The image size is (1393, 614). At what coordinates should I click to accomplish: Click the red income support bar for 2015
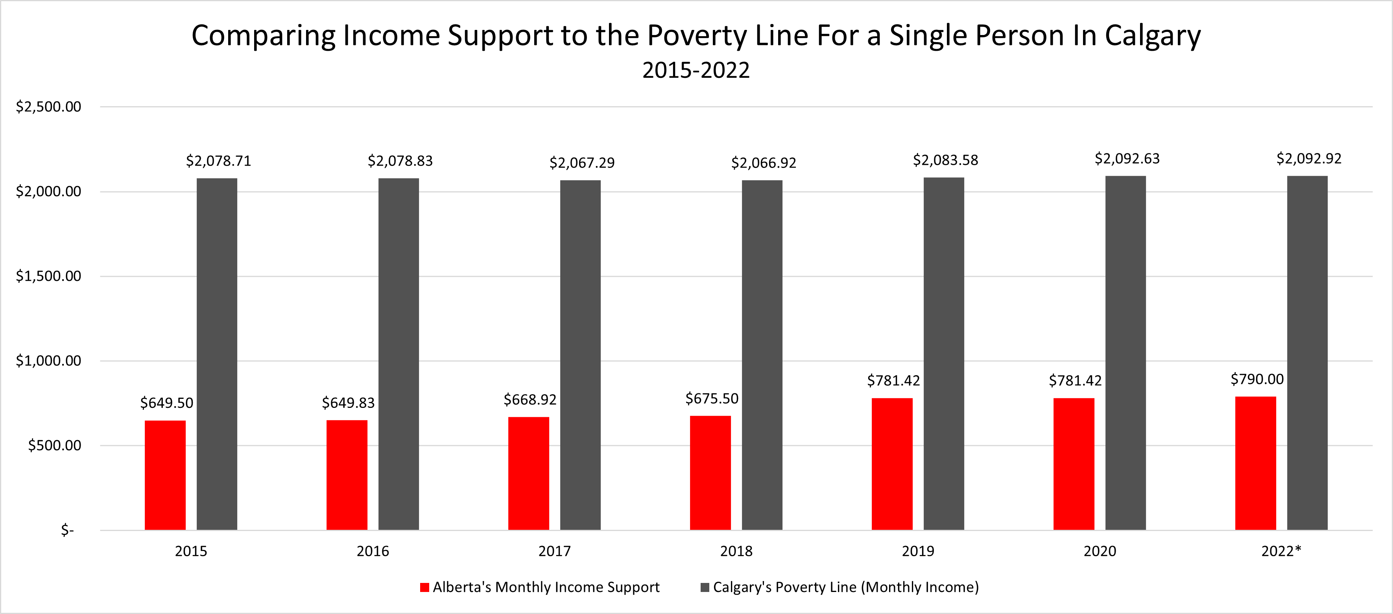click(165, 475)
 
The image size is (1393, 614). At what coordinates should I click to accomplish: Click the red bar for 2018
click(710, 472)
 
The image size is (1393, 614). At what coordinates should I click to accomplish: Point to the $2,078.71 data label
click(218, 161)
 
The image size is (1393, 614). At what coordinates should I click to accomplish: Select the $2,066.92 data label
click(764, 163)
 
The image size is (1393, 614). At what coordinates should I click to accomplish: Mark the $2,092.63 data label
click(1127, 159)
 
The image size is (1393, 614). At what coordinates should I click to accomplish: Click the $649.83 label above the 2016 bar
click(348, 403)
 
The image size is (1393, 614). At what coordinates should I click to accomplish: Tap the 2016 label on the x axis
click(373, 551)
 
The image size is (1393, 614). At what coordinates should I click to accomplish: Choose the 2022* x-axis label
click(1281, 551)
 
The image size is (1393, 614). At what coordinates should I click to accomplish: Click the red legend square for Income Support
click(424, 588)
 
